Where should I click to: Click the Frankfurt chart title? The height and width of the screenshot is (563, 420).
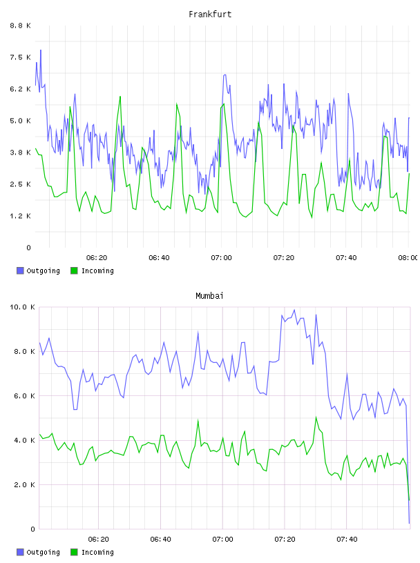click(x=210, y=14)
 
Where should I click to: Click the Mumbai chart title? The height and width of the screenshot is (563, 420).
click(x=209, y=296)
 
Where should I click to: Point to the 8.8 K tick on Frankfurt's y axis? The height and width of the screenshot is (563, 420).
click(x=21, y=26)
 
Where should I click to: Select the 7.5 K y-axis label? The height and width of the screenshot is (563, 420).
click(x=21, y=57)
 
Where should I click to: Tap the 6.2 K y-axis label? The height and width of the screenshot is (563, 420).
click(x=21, y=89)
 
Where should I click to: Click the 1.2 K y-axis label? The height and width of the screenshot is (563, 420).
click(x=21, y=216)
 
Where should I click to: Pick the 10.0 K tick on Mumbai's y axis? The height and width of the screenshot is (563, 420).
click(x=22, y=307)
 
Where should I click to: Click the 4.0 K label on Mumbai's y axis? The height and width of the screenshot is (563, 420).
click(x=24, y=440)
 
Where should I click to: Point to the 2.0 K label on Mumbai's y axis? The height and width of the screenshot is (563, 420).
click(x=24, y=485)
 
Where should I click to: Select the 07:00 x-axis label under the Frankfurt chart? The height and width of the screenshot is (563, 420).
click(x=222, y=257)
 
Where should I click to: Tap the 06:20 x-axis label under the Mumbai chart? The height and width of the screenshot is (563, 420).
click(x=98, y=539)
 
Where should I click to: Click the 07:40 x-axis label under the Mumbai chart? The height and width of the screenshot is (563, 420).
click(x=347, y=539)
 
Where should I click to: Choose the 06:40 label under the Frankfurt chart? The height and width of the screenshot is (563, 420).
click(x=159, y=257)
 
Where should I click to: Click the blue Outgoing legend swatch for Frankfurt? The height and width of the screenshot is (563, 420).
click(x=20, y=270)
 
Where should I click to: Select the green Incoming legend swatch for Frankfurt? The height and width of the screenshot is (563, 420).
click(x=74, y=270)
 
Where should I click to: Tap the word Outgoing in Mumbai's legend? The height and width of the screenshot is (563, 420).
click(x=43, y=552)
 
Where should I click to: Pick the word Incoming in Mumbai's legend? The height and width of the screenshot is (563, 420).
click(x=97, y=552)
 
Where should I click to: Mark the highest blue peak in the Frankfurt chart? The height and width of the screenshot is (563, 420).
click(x=41, y=50)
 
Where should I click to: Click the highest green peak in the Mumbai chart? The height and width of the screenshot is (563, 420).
click(x=316, y=417)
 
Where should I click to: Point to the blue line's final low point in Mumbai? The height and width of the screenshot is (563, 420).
click(x=409, y=523)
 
